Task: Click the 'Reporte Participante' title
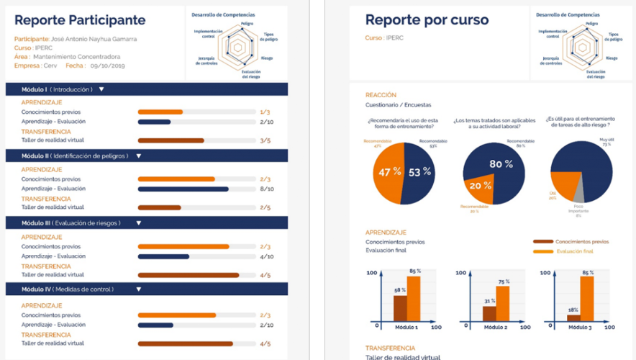(x=80, y=21)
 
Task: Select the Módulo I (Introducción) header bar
(x=147, y=89)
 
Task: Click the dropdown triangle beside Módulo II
(x=139, y=156)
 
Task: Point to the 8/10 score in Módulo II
(x=266, y=189)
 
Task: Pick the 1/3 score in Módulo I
(x=265, y=112)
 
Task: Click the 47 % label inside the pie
(x=390, y=172)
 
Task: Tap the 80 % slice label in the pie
(x=501, y=164)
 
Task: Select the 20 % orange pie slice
(x=479, y=185)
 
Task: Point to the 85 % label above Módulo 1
(x=414, y=271)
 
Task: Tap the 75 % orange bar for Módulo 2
(x=503, y=303)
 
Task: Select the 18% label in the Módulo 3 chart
(x=573, y=310)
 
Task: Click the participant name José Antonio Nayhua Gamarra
(x=94, y=39)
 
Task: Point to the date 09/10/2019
(x=108, y=66)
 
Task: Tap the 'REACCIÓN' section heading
(x=381, y=95)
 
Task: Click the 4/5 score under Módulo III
(x=265, y=275)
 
